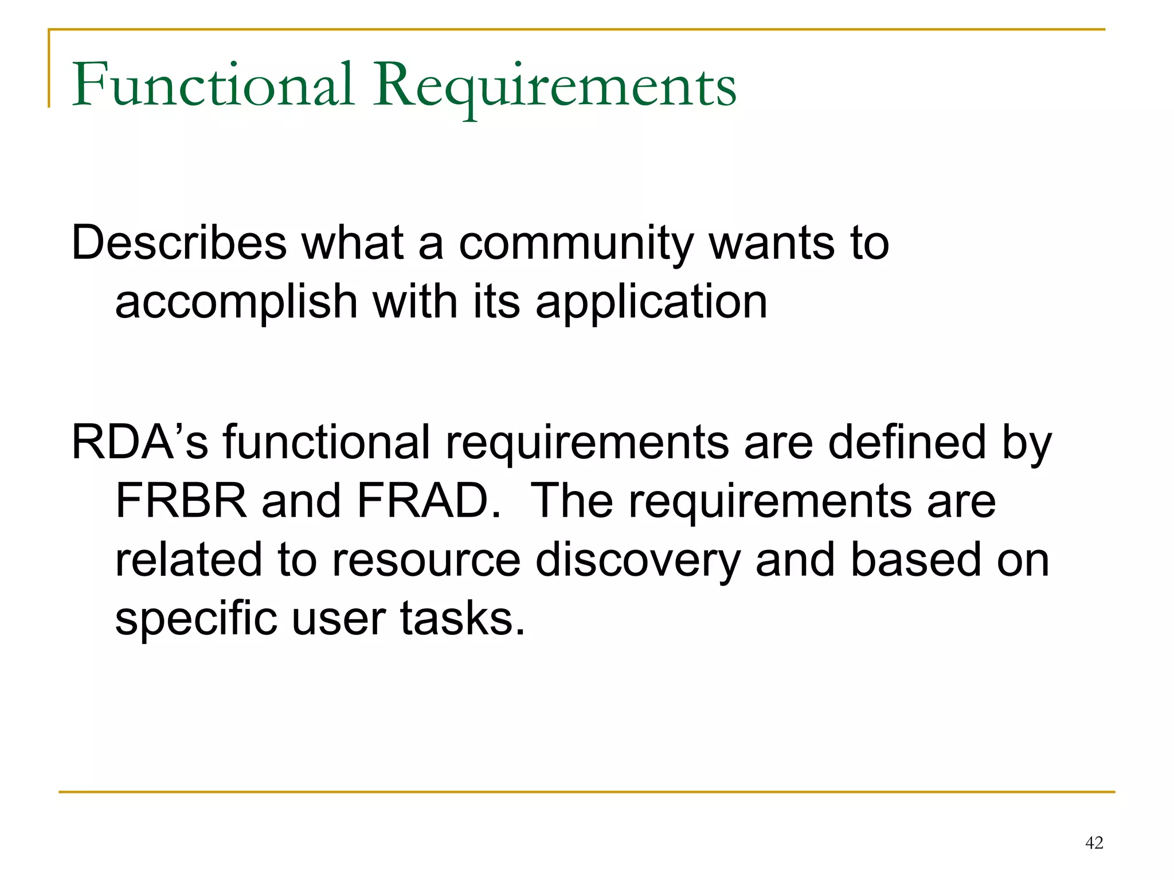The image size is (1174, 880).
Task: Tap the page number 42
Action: click(x=1094, y=843)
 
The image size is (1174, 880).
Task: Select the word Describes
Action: click(x=179, y=242)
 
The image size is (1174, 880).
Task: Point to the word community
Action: click(x=576, y=243)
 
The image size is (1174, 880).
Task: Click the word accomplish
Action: click(x=236, y=302)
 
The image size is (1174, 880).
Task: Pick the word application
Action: click(x=651, y=302)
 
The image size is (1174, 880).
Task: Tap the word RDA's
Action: click(x=139, y=442)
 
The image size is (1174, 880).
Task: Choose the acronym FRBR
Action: click(x=181, y=501)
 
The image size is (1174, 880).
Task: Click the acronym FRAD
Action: click(x=429, y=501)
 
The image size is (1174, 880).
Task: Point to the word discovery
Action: click(x=638, y=560)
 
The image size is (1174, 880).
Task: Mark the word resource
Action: click(x=426, y=560)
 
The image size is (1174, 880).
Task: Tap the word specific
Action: click(x=195, y=619)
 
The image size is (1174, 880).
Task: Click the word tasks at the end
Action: click(x=462, y=619)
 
